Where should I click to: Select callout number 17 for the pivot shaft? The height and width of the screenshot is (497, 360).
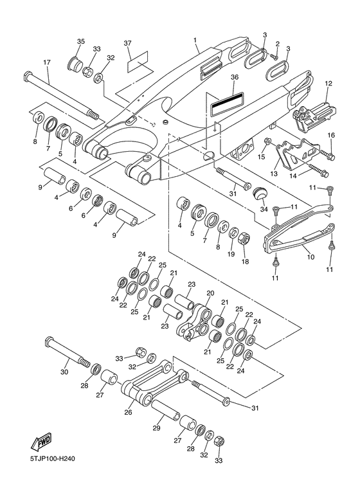pos(46,62)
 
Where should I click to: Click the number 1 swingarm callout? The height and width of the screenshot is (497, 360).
pos(195,41)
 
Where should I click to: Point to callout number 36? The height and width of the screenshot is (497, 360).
pos(235,77)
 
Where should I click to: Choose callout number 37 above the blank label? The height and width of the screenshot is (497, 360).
pos(127,43)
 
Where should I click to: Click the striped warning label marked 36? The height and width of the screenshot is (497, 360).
pos(227,102)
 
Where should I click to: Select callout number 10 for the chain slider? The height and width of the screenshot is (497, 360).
pos(311,257)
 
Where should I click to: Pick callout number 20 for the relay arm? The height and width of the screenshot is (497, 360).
pos(211,293)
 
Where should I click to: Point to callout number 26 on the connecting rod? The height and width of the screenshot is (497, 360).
pos(128,412)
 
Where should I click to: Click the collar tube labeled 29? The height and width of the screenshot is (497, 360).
pos(165,410)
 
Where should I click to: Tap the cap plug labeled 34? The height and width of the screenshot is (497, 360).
pos(260,194)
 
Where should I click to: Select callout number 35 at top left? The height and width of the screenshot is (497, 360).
pos(81,42)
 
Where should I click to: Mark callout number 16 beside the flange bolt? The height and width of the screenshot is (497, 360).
pos(331,136)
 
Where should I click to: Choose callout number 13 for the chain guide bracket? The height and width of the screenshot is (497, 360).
pos(274,174)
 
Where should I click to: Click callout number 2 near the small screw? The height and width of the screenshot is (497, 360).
pos(277,43)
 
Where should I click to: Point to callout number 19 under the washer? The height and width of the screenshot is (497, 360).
pos(231,254)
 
